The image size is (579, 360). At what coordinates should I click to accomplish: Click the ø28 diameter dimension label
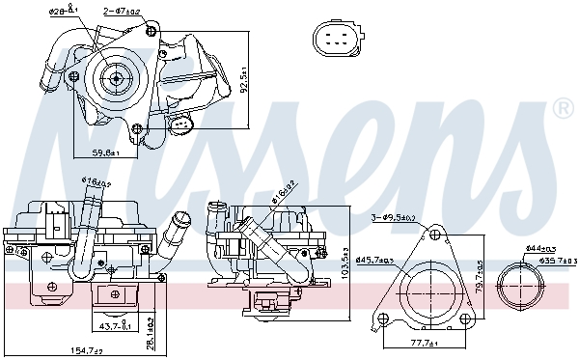coord(64,13)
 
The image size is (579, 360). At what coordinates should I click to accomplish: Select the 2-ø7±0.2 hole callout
coord(122,13)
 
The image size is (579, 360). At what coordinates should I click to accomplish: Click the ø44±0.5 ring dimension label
coord(539,249)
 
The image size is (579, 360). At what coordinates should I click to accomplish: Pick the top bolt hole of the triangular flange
coord(434,234)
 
